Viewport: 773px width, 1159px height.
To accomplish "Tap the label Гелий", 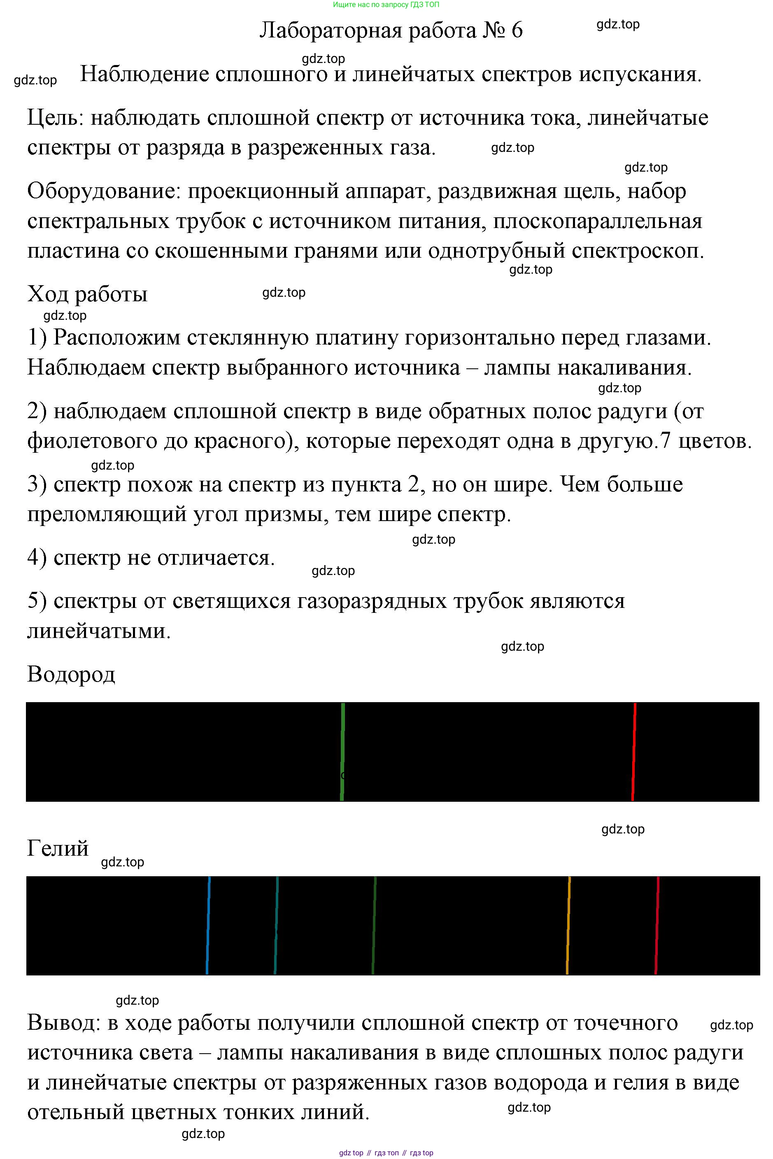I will pyautogui.click(x=58, y=848).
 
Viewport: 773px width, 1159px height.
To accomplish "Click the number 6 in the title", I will pyautogui.click(x=517, y=30).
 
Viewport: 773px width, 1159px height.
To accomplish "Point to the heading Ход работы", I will pyautogui.click(x=87, y=294).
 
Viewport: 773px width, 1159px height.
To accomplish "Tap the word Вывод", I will pyautogui.click(x=63, y=1023).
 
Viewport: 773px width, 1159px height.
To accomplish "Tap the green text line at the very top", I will pyautogui.click(x=386, y=5).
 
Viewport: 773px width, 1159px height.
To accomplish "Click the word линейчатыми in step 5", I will pyautogui.click(x=99, y=631).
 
